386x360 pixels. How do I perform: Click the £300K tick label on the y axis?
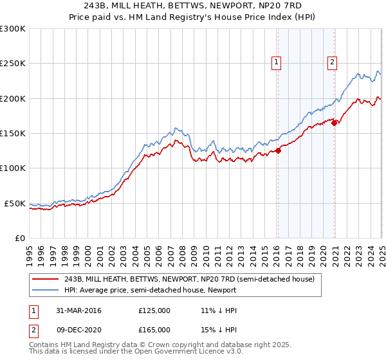point(13,29)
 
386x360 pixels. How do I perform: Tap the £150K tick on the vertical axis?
point(13,134)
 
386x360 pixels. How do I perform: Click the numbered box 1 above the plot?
point(276,62)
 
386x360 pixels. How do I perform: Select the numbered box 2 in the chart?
point(332,62)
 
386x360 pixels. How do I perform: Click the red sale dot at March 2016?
point(279,151)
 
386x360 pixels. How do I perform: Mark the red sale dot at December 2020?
point(335,123)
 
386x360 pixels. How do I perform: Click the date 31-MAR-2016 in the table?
point(78,310)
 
